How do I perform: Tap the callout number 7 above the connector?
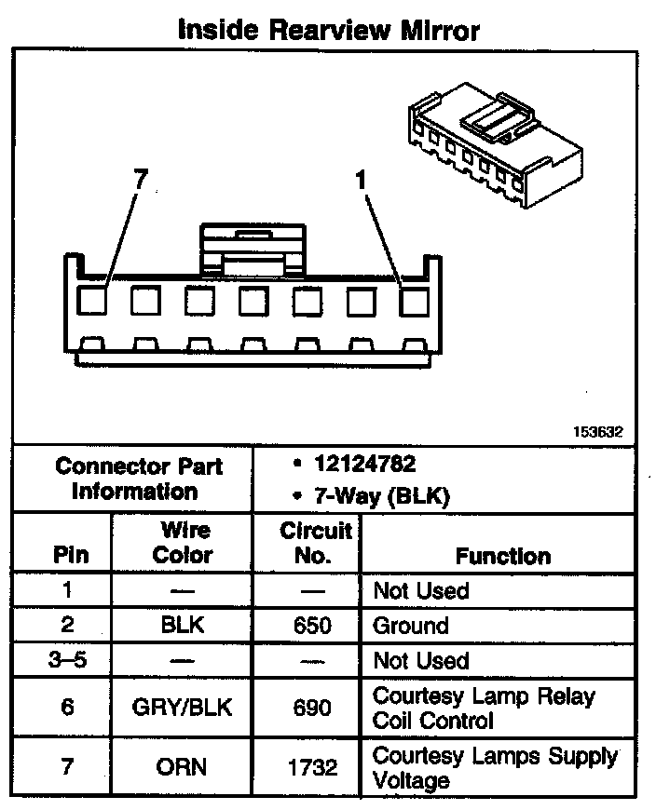click(141, 181)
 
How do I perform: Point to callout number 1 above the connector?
click(362, 181)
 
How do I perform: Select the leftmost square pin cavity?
click(91, 301)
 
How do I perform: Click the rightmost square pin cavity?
click(415, 301)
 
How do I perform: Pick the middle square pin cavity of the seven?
click(253, 301)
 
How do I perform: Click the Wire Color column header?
click(183, 543)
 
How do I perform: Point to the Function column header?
click(502, 556)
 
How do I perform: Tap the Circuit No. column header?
click(316, 543)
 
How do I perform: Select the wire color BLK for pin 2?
click(183, 626)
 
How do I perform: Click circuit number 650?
click(312, 626)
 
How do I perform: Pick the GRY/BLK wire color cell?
click(183, 708)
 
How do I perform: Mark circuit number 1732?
click(312, 768)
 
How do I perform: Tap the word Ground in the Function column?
click(411, 626)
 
